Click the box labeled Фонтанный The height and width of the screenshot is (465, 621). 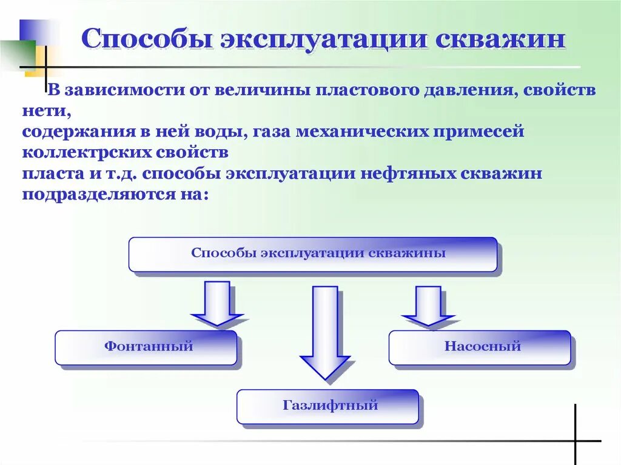pyautogui.click(x=146, y=347)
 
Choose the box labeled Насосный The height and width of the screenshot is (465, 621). pyautogui.click(x=480, y=347)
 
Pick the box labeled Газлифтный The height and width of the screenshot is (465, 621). pyautogui.click(x=327, y=406)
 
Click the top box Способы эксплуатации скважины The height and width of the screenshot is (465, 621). pyautogui.click(x=313, y=253)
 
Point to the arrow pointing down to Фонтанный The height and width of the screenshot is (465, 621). pyautogui.click(x=217, y=303)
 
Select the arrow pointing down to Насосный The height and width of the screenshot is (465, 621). pyautogui.click(x=429, y=305)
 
